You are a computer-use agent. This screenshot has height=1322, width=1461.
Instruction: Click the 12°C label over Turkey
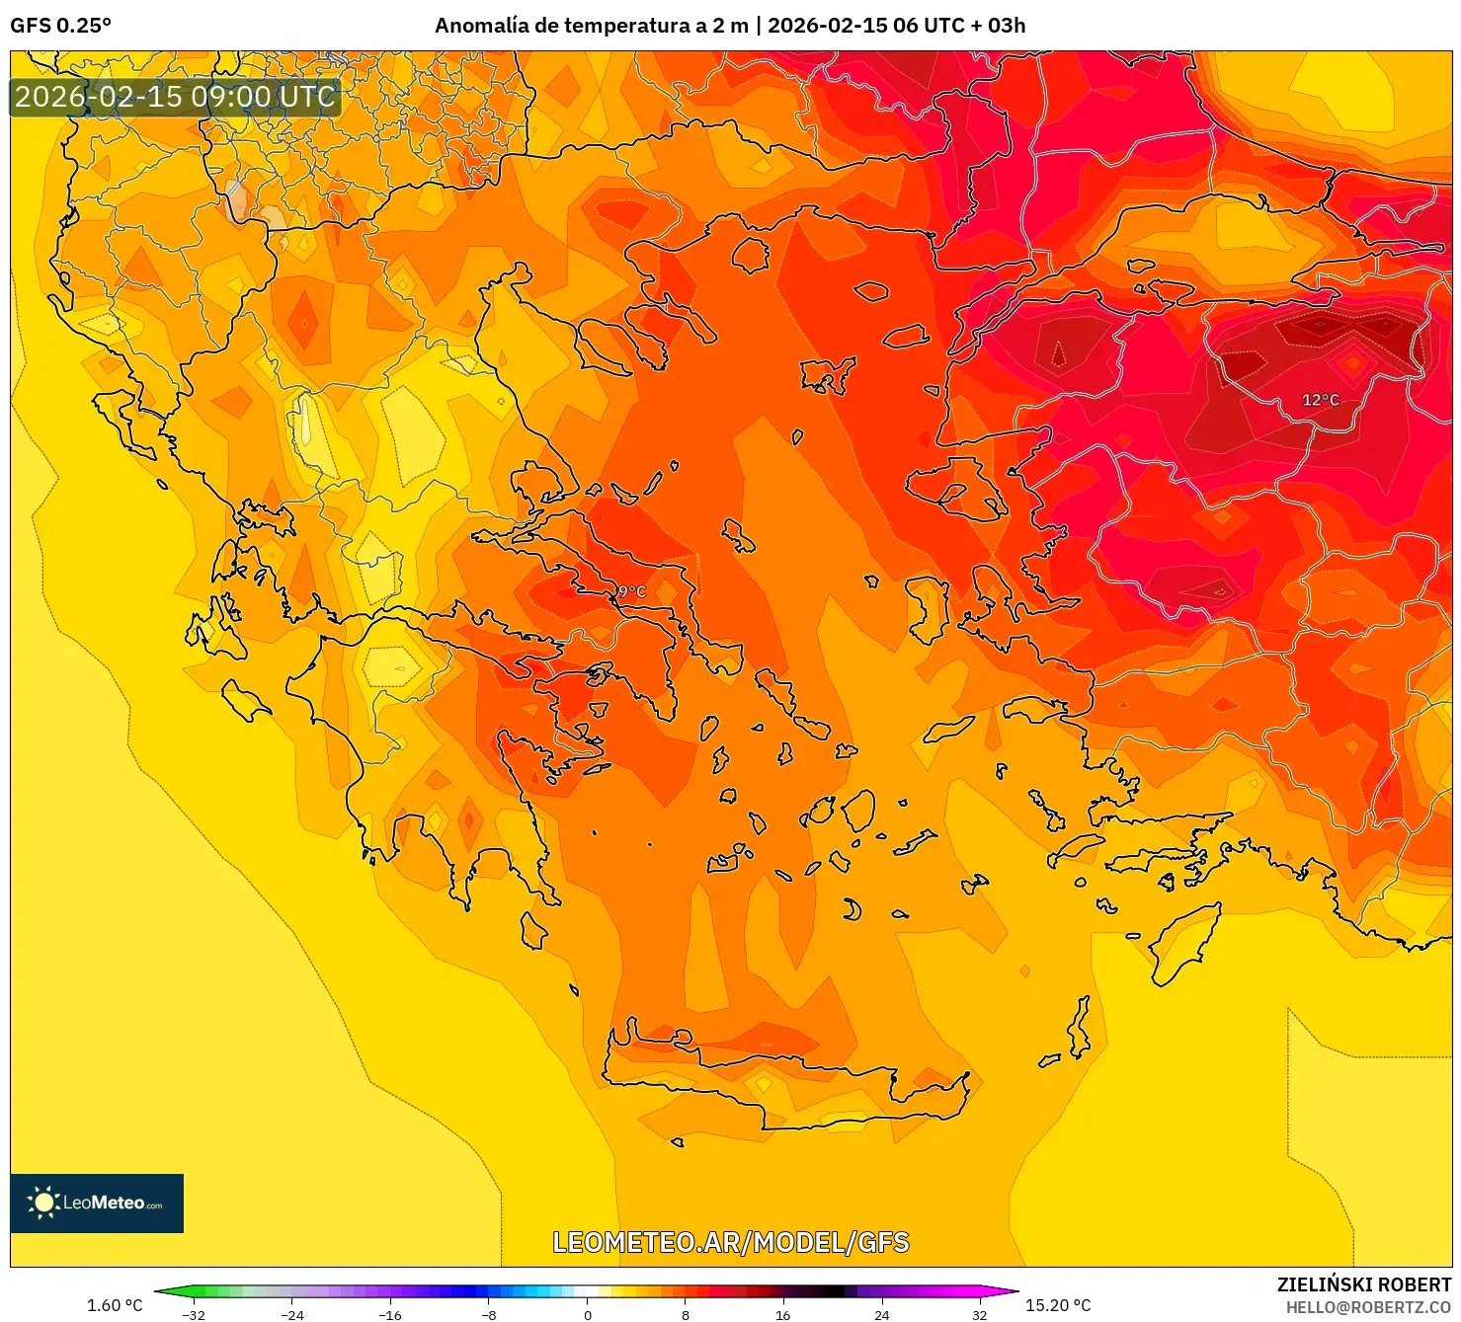tap(1320, 400)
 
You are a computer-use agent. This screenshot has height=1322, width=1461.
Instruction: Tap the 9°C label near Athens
tap(630, 591)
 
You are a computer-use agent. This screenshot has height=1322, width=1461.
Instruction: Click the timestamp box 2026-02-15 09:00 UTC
tap(175, 97)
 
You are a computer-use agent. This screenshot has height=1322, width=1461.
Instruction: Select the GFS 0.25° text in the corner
tap(60, 26)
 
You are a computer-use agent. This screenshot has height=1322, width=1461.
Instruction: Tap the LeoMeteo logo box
tap(97, 1203)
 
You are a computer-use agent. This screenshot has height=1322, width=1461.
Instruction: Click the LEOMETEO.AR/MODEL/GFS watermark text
tap(730, 1242)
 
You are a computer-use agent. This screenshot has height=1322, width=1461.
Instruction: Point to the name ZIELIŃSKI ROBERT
tap(1363, 1284)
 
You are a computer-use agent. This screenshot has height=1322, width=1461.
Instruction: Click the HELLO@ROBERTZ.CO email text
tap(1368, 1307)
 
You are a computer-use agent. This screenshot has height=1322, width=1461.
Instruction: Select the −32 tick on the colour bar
tap(194, 1314)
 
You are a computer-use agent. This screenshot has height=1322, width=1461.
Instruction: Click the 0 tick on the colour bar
tap(588, 1314)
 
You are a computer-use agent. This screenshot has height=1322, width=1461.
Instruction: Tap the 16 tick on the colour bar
tap(782, 1314)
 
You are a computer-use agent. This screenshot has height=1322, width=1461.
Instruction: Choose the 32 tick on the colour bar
tap(979, 1314)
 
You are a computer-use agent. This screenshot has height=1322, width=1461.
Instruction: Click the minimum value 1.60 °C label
tap(115, 1305)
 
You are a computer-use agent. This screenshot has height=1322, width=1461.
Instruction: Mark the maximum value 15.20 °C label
tap(1058, 1305)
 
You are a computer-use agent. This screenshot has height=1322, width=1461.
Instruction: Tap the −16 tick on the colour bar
tap(390, 1314)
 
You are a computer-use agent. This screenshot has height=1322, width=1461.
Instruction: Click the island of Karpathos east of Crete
tap(1079, 1029)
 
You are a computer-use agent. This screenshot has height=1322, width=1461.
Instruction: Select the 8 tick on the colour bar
tap(685, 1314)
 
